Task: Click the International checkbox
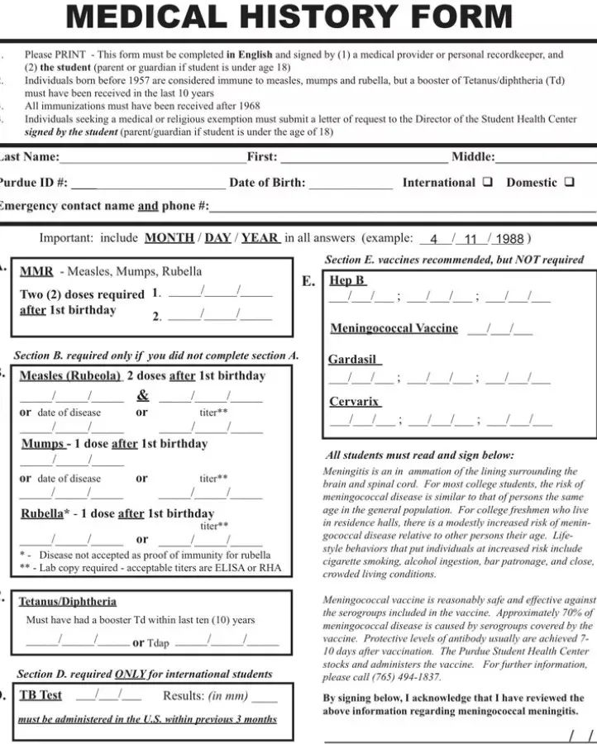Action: coord(488,182)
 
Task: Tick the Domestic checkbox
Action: coord(569,182)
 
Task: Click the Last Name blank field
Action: coord(153,158)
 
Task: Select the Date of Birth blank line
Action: coord(351,184)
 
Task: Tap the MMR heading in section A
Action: coord(36,271)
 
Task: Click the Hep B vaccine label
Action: coord(347,280)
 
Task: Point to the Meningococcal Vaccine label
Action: coord(394,328)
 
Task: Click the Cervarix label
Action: coord(354,402)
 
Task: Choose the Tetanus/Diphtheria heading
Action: coord(68,601)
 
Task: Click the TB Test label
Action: coord(41,695)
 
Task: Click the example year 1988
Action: coord(509,239)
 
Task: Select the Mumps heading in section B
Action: coord(42,444)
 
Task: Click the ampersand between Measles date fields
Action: coord(143,394)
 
